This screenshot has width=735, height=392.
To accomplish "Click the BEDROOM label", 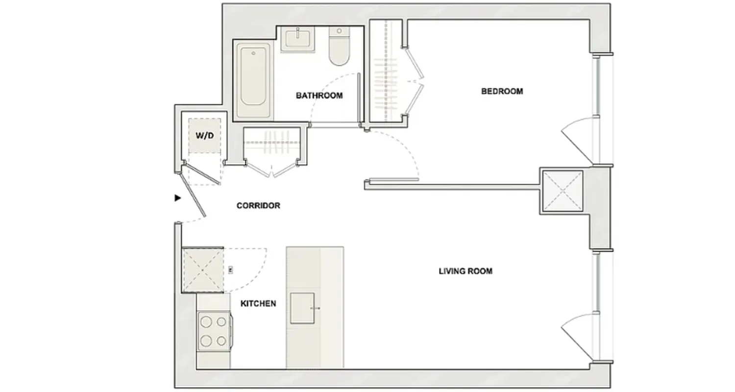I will point(502,91).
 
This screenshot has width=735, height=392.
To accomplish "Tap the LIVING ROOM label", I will point(465,271).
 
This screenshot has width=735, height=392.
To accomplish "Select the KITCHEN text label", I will point(258,304).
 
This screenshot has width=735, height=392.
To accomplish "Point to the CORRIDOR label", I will point(258,206).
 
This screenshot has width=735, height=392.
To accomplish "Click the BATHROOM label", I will point(319,96).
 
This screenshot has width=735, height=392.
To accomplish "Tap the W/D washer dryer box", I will point(205,135).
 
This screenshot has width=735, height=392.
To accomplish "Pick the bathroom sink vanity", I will point(297,39).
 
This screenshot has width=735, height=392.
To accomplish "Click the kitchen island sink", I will point(302,308).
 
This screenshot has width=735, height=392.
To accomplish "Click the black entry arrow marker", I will point(178,198).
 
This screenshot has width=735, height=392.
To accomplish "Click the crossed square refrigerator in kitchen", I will point(203,269).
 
